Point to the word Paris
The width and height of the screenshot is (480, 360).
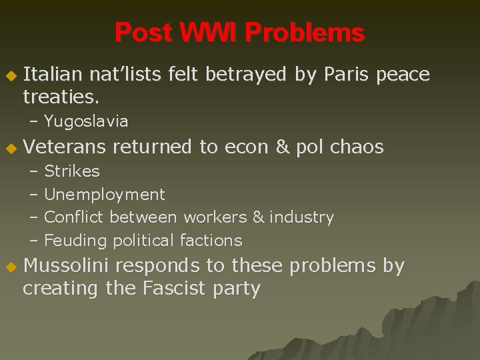pyautogui.click(x=347, y=75)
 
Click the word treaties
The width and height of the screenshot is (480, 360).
pyautogui.click(x=61, y=97)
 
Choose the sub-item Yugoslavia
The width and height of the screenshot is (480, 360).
pyautogui.click(x=86, y=121)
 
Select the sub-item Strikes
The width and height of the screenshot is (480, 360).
pyautogui.click(x=72, y=171)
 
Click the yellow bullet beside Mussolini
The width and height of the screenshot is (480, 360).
pyautogui.click(x=9, y=267)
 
